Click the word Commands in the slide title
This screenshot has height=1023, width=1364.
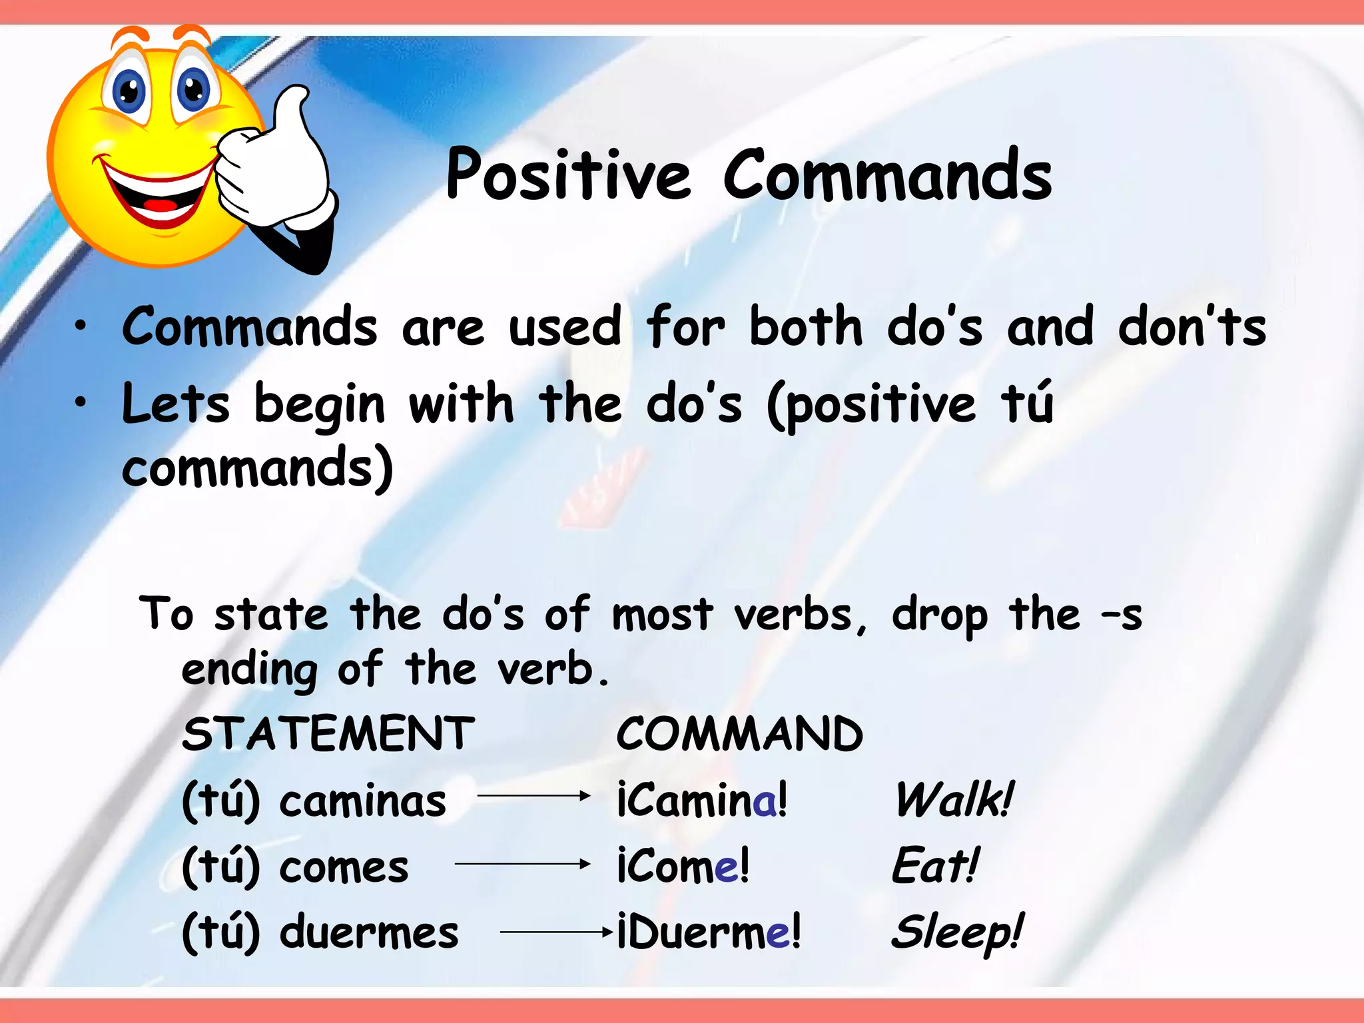[x=887, y=174]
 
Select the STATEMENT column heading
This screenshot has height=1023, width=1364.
[x=328, y=733]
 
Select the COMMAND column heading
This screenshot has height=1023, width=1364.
[x=739, y=733]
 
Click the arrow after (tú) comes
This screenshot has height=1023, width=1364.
[x=522, y=864]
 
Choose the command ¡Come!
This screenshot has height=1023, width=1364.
[x=683, y=866]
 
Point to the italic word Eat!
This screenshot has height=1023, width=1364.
[x=935, y=866]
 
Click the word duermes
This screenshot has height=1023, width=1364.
[x=369, y=932]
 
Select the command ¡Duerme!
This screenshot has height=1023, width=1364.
[x=709, y=932]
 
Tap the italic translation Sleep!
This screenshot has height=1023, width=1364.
[x=956, y=932]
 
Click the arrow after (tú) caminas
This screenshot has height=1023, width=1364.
[x=533, y=796]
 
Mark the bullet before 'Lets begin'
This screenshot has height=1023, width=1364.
[x=81, y=402]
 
